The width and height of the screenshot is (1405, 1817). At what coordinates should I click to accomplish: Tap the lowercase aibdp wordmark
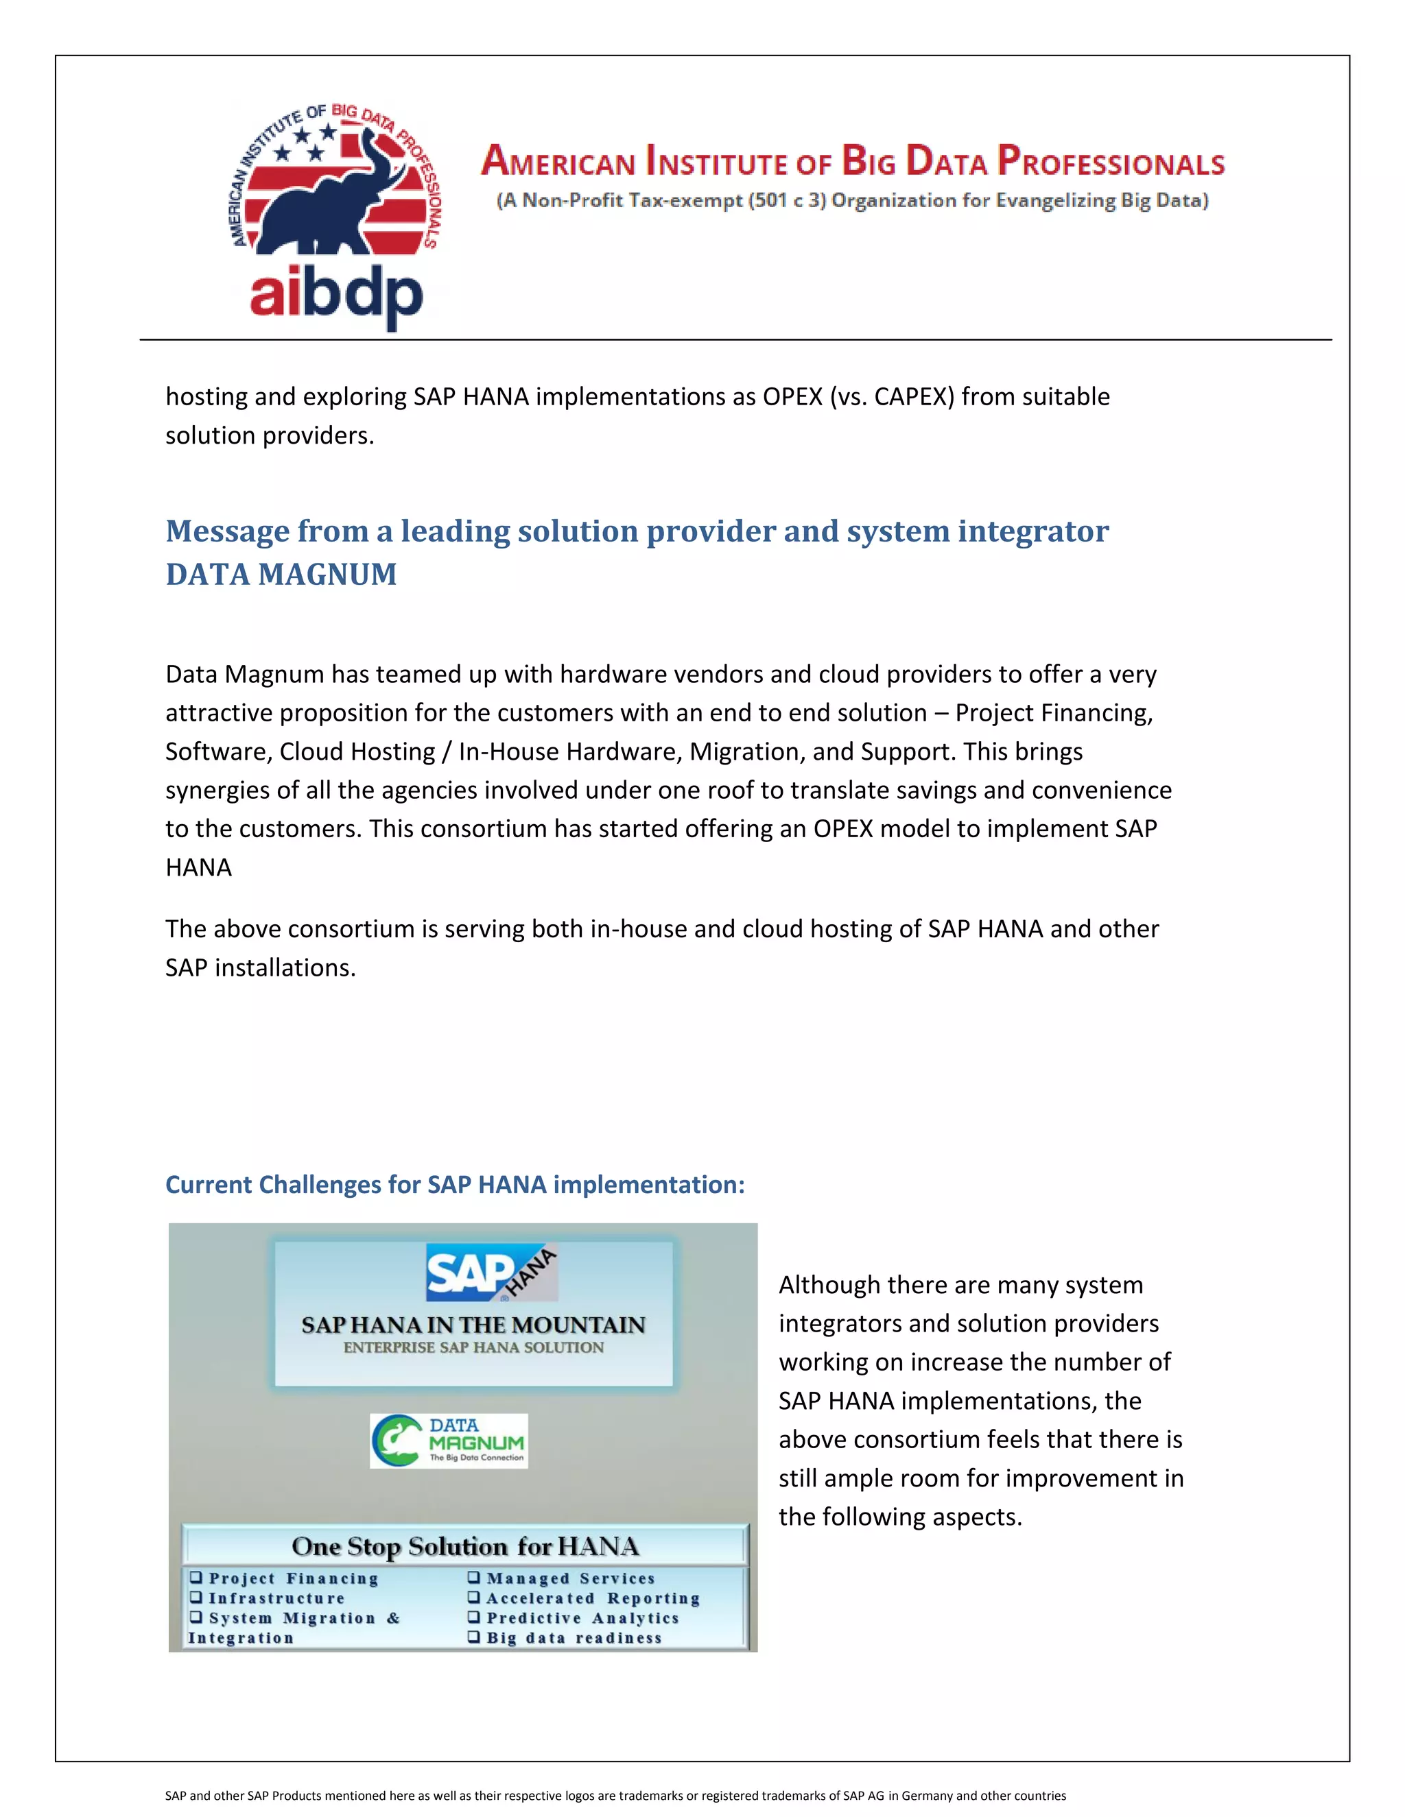coord(336,295)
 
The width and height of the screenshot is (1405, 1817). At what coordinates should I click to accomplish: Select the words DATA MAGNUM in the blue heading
coord(281,575)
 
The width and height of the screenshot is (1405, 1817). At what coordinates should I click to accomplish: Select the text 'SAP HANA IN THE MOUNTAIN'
coord(473,1325)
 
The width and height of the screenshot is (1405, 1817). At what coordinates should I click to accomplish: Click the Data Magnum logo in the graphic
coord(449,1440)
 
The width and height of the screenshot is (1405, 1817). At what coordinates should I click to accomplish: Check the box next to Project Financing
coord(196,1578)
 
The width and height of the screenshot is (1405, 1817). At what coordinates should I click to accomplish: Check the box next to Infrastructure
coord(196,1598)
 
